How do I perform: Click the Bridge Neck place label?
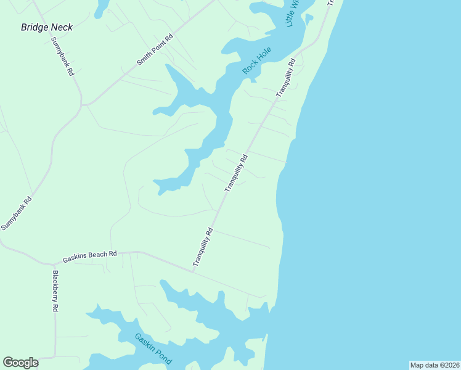[x=47, y=27]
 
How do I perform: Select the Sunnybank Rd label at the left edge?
[x=16, y=214]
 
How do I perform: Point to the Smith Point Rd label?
[x=155, y=50]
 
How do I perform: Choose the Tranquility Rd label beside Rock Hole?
[x=287, y=77]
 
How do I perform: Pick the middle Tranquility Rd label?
[x=236, y=172]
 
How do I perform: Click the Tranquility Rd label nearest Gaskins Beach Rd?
[x=203, y=247]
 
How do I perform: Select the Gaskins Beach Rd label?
[x=90, y=254]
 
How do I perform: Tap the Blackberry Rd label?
[x=55, y=290]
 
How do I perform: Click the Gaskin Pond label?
[x=153, y=349]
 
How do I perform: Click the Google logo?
[x=20, y=363]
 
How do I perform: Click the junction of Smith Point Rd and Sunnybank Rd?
[x=83, y=104]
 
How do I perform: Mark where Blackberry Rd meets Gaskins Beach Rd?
[x=52, y=263]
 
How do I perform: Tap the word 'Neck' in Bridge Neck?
[x=62, y=27]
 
